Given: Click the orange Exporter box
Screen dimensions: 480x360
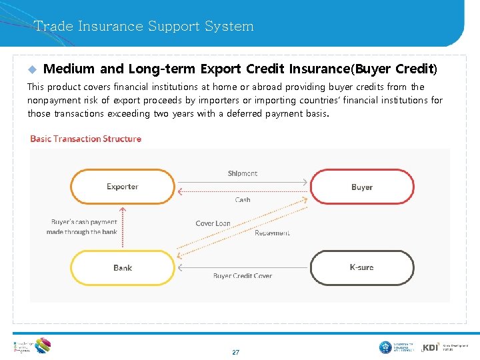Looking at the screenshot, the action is point(123,187).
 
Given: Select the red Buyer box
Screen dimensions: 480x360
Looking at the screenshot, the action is point(362,187).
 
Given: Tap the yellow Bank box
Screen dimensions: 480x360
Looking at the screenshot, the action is point(123,267).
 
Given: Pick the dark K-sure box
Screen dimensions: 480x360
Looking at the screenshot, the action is point(362,267).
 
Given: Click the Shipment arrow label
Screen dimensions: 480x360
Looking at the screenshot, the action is point(243,173).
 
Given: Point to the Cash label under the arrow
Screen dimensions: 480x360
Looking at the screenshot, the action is point(243,200).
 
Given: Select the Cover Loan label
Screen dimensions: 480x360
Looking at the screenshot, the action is point(213,223).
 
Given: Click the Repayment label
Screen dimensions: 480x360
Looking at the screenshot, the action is point(272,233).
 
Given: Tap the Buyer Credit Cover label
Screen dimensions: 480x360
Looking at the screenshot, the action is point(243,276).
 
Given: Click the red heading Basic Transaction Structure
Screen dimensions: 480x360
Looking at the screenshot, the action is point(86,139).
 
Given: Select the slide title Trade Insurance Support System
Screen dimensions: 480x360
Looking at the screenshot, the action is point(144,27).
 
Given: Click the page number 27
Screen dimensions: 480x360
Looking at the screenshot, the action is point(235,352).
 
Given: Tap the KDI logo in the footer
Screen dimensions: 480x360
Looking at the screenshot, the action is point(431,347).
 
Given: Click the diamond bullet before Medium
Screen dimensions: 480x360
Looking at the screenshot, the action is point(31,69).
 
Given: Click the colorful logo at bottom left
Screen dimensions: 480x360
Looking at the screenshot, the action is point(42,345).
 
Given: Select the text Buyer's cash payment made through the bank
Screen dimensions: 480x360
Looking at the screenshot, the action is point(82,227).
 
